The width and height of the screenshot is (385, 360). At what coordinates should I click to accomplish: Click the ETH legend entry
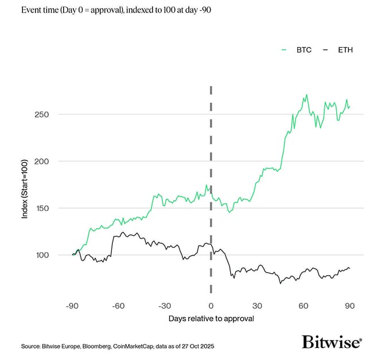(x=339, y=50)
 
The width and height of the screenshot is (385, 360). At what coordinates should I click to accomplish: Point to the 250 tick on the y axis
(x=42, y=114)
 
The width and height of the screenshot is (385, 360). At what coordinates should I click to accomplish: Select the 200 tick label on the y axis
(x=42, y=161)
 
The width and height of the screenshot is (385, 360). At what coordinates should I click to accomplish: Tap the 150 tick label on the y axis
(x=42, y=208)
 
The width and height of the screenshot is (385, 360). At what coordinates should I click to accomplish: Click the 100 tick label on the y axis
(x=42, y=255)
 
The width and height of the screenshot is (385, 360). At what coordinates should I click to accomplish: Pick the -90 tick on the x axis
(x=72, y=306)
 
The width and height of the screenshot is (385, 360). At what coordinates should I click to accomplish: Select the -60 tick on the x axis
(x=118, y=306)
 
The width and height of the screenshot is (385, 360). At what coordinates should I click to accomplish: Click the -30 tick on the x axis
(x=165, y=306)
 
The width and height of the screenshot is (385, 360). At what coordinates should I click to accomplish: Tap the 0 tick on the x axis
(x=211, y=306)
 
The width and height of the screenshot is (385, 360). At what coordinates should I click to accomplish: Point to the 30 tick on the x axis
(x=257, y=306)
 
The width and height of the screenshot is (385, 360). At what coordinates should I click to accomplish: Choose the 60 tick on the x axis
(x=304, y=306)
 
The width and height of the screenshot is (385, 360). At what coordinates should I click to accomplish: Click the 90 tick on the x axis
(x=349, y=306)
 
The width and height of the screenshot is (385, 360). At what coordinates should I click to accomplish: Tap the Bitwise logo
(x=332, y=342)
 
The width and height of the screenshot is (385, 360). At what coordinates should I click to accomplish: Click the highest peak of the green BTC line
(x=307, y=95)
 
